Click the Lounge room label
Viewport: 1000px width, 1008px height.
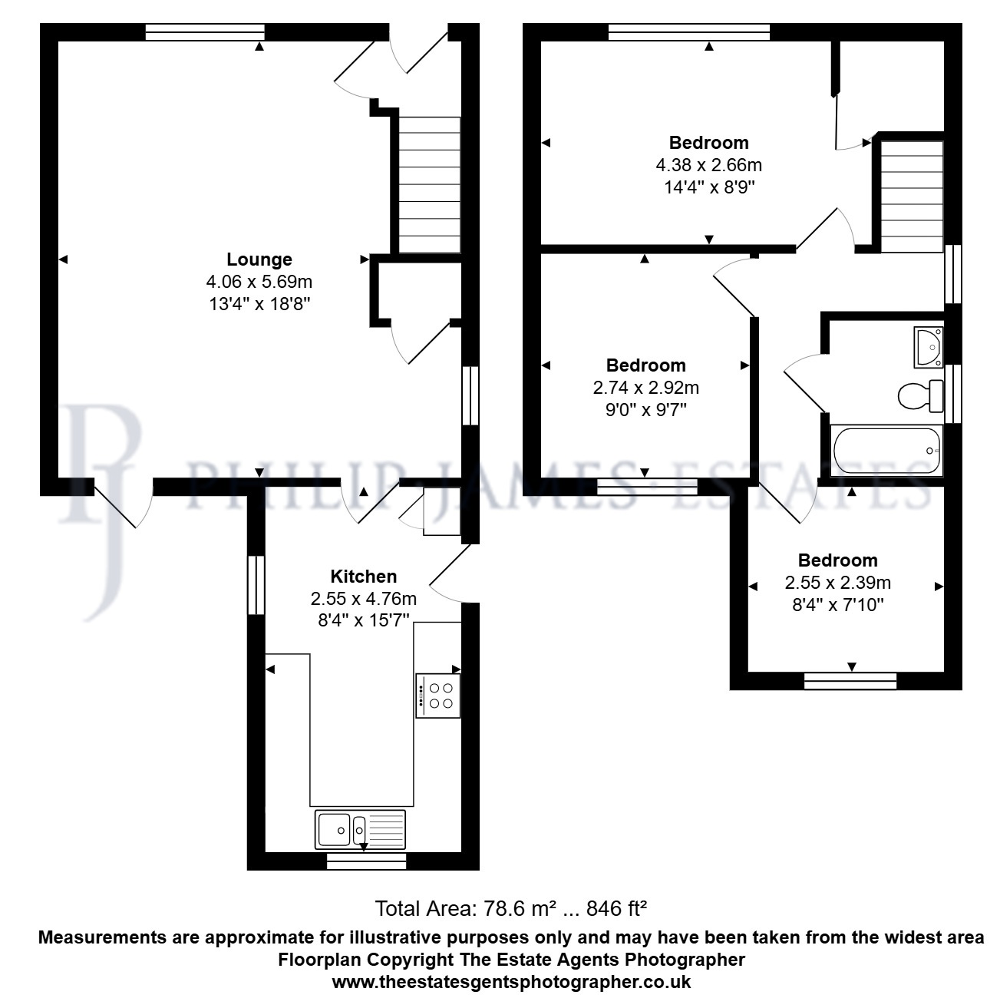(259, 259)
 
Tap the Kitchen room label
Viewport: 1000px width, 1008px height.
(364, 577)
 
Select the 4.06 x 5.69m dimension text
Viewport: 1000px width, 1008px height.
(259, 282)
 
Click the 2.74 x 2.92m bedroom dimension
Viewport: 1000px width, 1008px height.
(646, 388)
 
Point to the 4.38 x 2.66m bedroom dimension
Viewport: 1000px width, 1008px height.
(708, 165)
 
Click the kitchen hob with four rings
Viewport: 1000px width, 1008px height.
(438, 696)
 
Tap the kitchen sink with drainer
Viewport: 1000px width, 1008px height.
(360, 829)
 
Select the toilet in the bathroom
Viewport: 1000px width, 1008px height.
(920, 396)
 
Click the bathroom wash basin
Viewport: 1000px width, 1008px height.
(929, 347)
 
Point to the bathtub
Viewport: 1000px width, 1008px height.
(886, 451)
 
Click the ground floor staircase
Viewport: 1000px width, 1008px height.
(429, 185)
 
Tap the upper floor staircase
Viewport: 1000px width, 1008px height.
(913, 197)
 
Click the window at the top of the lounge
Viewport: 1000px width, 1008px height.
(204, 32)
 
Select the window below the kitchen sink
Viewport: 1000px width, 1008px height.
(366, 861)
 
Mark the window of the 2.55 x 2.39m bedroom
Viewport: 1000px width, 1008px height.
(850, 680)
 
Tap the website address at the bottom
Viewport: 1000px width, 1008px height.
(511, 982)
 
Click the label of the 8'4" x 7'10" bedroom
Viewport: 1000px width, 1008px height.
(837, 560)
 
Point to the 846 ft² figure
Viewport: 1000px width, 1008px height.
(616, 909)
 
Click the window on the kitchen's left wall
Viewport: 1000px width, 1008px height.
(256, 584)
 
